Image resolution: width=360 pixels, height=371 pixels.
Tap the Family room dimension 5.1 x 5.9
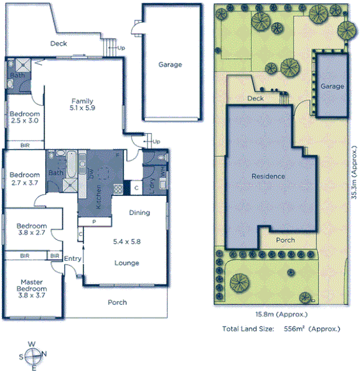(x=83, y=108)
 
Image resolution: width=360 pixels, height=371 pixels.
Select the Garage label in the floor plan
(x=170, y=64)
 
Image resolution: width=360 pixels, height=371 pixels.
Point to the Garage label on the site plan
(x=332, y=86)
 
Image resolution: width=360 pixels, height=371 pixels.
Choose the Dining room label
(x=139, y=213)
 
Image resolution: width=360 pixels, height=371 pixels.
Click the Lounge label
(x=126, y=263)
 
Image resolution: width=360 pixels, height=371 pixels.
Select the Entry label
(x=73, y=258)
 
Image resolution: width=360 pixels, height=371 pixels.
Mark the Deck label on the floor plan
(x=59, y=44)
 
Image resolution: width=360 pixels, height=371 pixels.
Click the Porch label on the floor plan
(x=117, y=302)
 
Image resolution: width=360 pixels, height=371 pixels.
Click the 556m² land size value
(x=298, y=328)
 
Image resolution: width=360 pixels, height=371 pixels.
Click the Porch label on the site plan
(x=285, y=241)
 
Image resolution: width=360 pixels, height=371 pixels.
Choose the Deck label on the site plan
(x=255, y=99)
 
